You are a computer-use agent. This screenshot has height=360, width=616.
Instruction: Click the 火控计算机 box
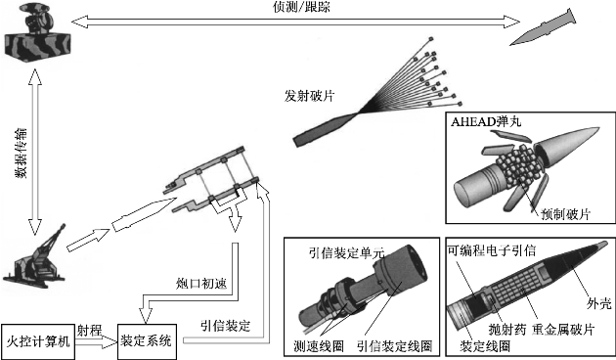click(38, 341)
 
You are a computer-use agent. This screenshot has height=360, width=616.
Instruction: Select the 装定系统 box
click(147, 341)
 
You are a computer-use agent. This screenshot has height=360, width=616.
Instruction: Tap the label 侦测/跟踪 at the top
click(302, 7)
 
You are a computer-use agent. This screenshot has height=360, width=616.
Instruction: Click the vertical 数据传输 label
click(22, 153)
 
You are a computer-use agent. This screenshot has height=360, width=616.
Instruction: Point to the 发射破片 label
click(309, 96)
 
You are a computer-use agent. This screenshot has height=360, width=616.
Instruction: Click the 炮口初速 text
click(201, 284)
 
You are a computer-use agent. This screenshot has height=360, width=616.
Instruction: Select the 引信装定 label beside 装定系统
click(225, 326)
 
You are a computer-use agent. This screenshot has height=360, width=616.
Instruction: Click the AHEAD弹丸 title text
click(486, 121)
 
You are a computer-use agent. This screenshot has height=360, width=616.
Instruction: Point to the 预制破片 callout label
click(566, 214)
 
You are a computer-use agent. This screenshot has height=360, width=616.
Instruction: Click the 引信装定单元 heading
click(346, 252)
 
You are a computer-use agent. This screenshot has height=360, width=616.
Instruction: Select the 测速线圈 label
click(319, 346)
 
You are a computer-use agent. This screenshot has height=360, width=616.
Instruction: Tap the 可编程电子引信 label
click(492, 250)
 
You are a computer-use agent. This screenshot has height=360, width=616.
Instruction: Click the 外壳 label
click(599, 303)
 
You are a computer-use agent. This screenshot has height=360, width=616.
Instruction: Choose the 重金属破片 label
click(563, 330)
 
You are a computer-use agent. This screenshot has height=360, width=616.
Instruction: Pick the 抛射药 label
click(507, 330)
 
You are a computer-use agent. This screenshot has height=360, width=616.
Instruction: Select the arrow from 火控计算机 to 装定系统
click(96, 341)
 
